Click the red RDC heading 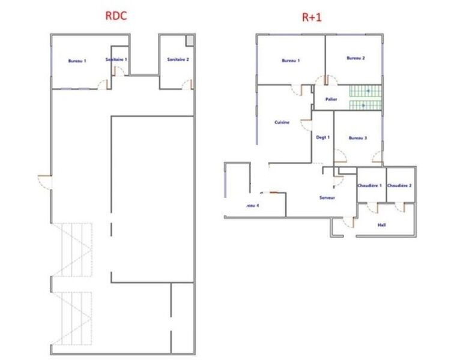click(115, 16)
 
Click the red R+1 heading click(311, 17)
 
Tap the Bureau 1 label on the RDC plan click(77, 61)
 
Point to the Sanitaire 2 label click(178, 59)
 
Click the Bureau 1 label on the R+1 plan click(290, 60)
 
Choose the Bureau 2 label click(356, 58)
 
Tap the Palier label click(331, 99)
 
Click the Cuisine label click(282, 122)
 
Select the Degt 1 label click(323, 137)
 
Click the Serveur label click(327, 197)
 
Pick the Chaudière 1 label click(371, 186)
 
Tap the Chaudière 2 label click(399, 186)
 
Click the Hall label click(381, 225)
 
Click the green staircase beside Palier click(366, 98)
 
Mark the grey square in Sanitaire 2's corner click(189, 40)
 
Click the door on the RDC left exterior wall click(44, 180)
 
